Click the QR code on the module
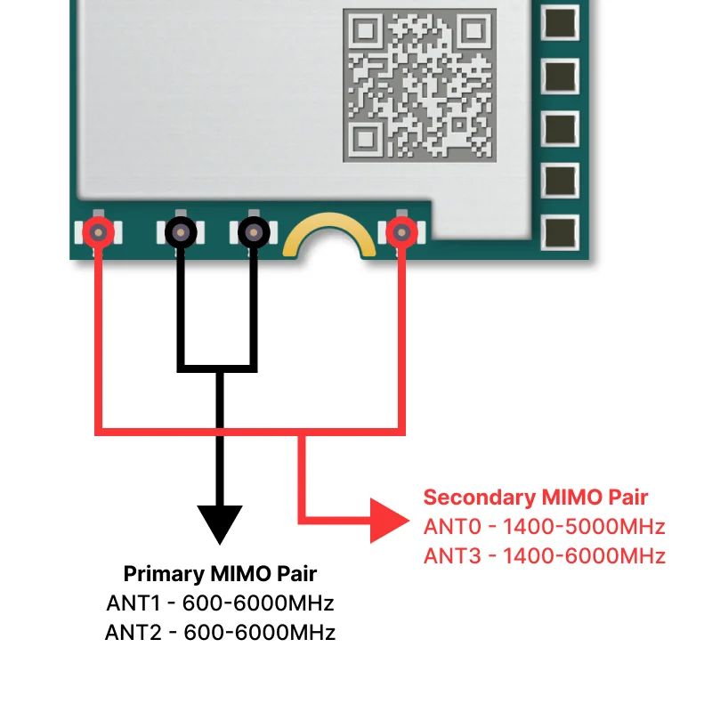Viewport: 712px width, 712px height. (419, 84)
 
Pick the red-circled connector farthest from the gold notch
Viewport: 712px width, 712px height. (98, 233)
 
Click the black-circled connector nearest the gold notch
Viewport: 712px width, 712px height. (254, 233)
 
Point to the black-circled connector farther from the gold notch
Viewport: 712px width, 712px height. (181, 233)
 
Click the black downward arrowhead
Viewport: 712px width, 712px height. (219, 523)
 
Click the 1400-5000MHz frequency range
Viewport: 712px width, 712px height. (584, 526)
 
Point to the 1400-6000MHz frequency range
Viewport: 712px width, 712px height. (584, 556)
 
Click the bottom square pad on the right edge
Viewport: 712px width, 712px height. (560, 233)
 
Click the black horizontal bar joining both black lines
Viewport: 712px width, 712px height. (218, 366)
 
